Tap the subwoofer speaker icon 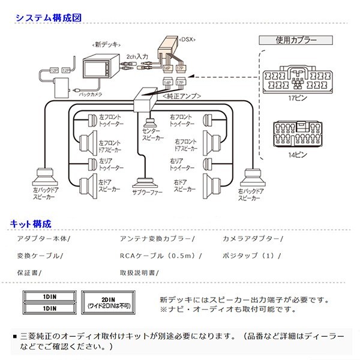pyautogui.click(x=144, y=183)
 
